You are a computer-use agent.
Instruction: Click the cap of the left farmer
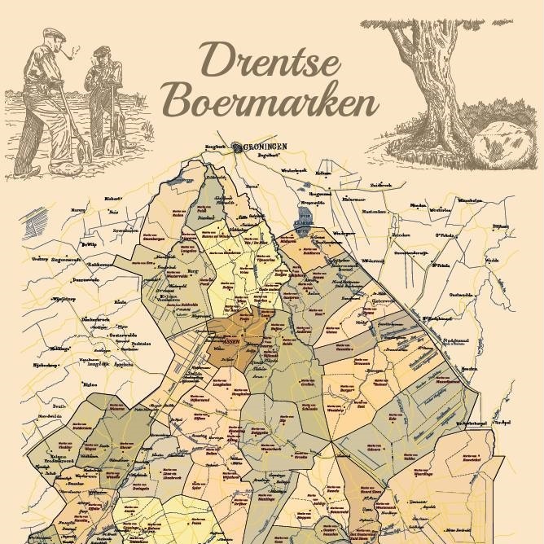(x=53, y=35)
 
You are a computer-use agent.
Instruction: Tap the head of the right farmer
(x=101, y=55)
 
